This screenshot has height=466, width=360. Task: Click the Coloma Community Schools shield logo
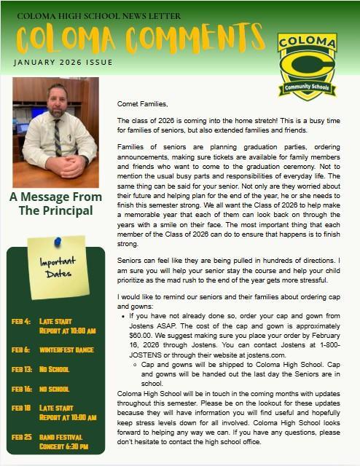pyautogui.click(x=307, y=65)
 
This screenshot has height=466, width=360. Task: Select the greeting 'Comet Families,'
pyautogui.click(x=141, y=105)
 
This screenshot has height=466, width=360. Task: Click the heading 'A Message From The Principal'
pyautogui.click(x=56, y=204)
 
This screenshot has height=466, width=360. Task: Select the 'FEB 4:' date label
pyautogui.click(x=21, y=321)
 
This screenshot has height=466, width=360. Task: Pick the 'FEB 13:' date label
pyautogui.click(x=23, y=369)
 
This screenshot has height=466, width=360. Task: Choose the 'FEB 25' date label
pyautogui.click(x=21, y=437)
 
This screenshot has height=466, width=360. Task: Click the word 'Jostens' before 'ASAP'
pyautogui.click(x=144, y=325)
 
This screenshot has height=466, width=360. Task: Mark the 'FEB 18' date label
pyautogui.click(x=21, y=408)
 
